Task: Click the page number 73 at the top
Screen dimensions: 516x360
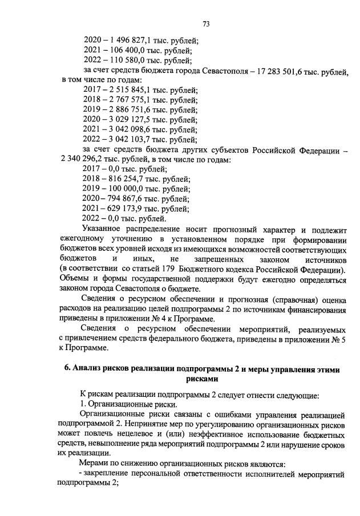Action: (207, 23)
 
